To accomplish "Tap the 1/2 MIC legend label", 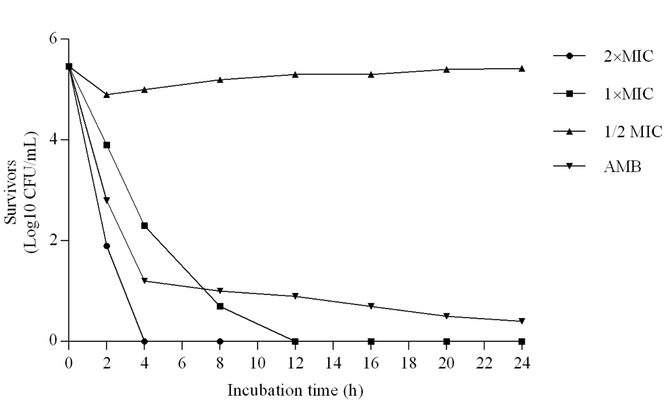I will pyautogui.click(x=632, y=132).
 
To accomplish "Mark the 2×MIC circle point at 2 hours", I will pyautogui.click(x=107, y=246).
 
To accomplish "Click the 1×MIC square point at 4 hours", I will pyautogui.click(x=144, y=226).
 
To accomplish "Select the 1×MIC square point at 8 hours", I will pyautogui.click(x=220, y=306).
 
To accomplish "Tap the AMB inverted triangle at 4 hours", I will pyautogui.click(x=144, y=281).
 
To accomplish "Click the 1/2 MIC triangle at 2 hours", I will pyautogui.click(x=107, y=94).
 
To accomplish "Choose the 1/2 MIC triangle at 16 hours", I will pyautogui.click(x=371, y=74).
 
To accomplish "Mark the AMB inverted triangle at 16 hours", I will pyautogui.click(x=371, y=307).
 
